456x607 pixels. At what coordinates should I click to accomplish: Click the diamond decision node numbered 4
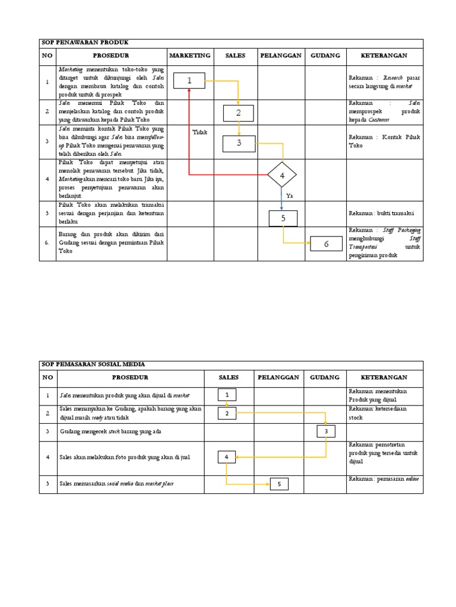[x=282, y=175]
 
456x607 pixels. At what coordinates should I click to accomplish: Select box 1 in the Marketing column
[x=189, y=81]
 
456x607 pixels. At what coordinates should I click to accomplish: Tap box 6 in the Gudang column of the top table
[x=326, y=244]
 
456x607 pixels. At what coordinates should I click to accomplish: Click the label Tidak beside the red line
[x=200, y=132]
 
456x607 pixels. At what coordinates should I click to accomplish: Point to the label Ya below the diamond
[x=290, y=195]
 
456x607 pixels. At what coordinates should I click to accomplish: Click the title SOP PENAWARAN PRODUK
[x=84, y=43]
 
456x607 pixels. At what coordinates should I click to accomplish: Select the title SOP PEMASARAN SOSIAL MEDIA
[x=93, y=365]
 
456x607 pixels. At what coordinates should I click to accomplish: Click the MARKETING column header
[x=190, y=56]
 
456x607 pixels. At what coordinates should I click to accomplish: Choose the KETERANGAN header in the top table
[x=384, y=56]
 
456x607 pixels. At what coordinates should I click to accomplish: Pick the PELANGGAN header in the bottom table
[x=278, y=377]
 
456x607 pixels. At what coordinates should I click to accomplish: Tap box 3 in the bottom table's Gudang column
[x=325, y=432]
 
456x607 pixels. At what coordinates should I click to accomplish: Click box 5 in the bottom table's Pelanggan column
[x=279, y=484]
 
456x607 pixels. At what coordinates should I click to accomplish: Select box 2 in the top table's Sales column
[x=239, y=113]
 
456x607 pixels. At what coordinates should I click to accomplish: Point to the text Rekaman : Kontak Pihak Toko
[x=384, y=141]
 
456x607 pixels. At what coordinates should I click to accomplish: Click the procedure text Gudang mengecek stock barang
[x=110, y=432]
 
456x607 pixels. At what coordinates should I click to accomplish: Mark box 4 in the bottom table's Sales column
[x=226, y=457]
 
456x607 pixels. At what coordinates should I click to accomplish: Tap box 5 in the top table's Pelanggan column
[x=283, y=219]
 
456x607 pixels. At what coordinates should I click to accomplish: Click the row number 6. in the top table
[x=47, y=243]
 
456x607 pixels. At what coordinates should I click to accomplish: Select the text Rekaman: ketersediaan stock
[x=378, y=413]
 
